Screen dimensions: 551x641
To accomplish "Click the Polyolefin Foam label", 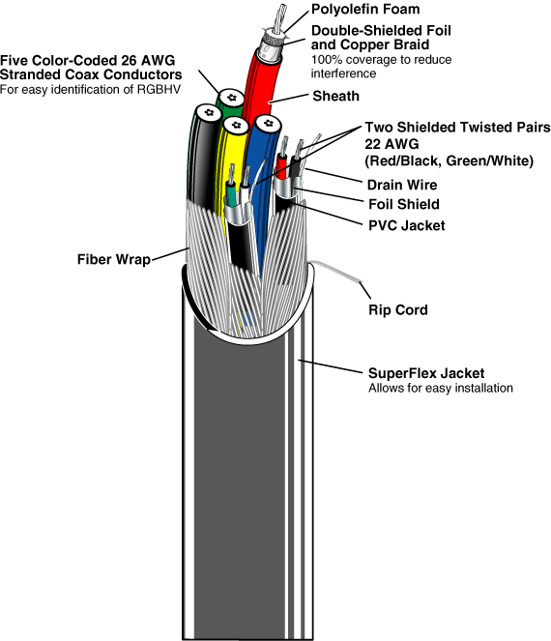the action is click(x=365, y=9).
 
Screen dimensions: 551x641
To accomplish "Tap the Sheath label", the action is click(x=336, y=96).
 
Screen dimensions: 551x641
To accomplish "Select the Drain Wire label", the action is click(x=402, y=185).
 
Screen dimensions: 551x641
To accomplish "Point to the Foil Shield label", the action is click(x=404, y=204).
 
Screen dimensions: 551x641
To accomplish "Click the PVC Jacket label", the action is click(x=407, y=225).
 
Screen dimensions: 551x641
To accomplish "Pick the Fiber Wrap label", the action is click(x=114, y=259).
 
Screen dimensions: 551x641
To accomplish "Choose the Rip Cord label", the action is click(x=398, y=310).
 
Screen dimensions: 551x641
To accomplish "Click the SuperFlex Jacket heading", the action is click(x=426, y=373).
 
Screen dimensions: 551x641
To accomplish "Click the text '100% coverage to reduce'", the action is click(x=382, y=60).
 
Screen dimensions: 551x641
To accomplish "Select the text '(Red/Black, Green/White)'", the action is click(x=449, y=160).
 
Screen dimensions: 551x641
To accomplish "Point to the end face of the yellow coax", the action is click(x=236, y=125).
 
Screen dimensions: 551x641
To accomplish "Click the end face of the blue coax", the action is click(x=268, y=123).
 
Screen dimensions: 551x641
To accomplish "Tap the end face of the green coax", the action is click(x=231, y=98).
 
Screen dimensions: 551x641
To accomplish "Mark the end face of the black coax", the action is click(x=209, y=112).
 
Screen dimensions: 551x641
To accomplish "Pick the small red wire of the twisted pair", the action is click(x=281, y=165).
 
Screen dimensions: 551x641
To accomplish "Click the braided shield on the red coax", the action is click(x=273, y=41).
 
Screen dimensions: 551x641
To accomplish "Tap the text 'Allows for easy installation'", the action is click(x=441, y=388).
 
